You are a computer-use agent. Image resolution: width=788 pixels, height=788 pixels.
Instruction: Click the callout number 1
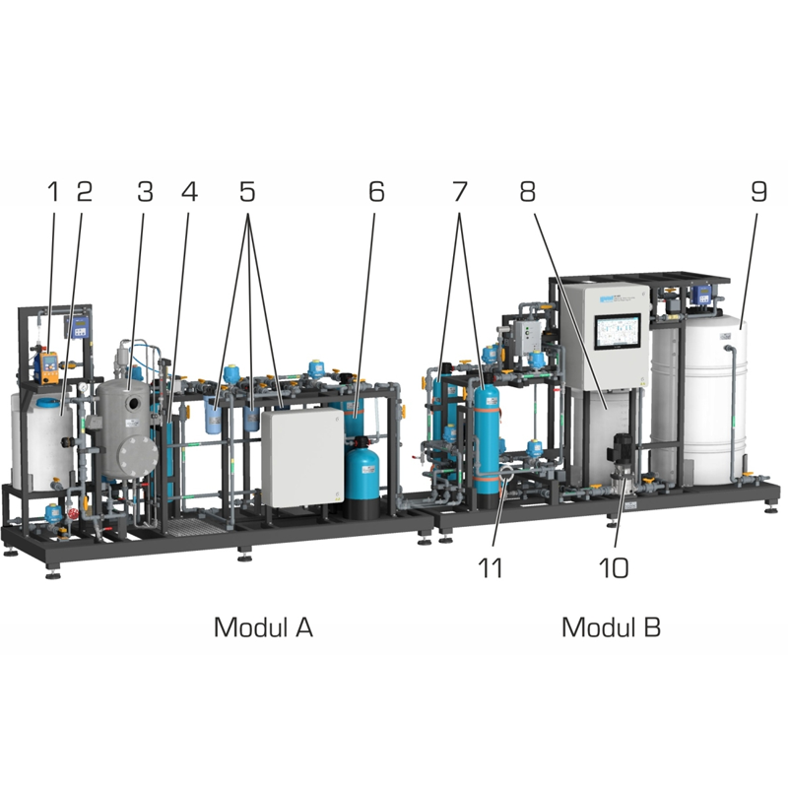pyautogui.click(x=53, y=191)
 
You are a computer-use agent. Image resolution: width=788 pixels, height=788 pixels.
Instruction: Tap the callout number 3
pyautogui.click(x=145, y=191)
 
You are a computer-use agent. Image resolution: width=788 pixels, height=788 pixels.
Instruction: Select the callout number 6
pyautogui.click(x=376, y=191)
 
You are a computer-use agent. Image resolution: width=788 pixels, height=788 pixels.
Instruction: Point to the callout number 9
pyautogui.click(x=758, y=191)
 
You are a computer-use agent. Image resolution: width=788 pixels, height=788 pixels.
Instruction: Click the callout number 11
pyautogui.click(x=490, y=568)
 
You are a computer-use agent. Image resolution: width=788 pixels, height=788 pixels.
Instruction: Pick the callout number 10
pyautogui.click(x=614, y=568)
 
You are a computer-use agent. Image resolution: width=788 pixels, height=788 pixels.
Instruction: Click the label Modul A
pyautogui.click(x=263, y=627)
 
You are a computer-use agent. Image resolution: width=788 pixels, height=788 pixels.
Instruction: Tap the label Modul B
pyautogui.click(x=611, y=627)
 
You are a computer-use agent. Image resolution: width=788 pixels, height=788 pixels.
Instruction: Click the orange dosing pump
pyautogui.click(x=48, y=365)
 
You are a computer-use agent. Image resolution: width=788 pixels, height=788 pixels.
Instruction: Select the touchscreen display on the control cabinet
pyautogui.click(x=618, y=332)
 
